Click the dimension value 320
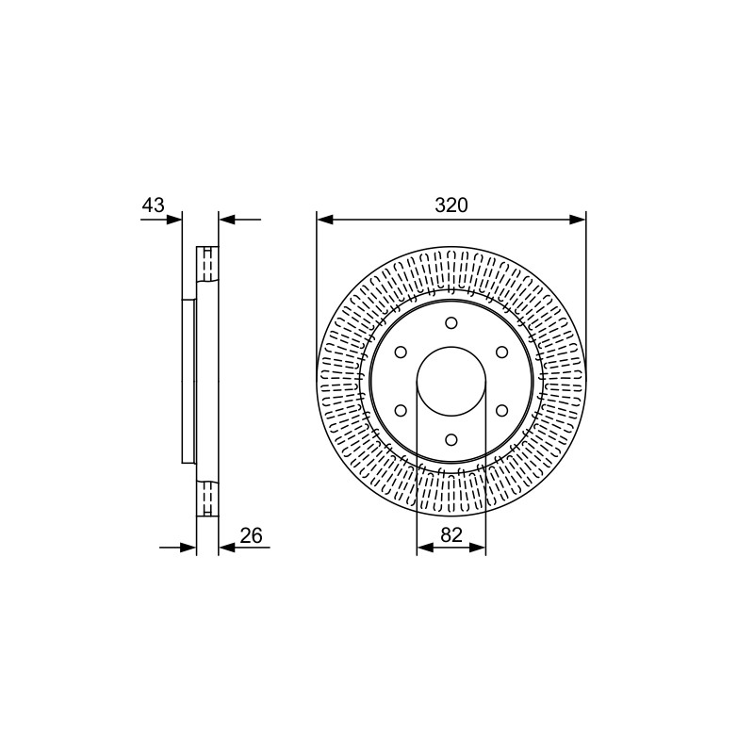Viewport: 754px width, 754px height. pos(451,205)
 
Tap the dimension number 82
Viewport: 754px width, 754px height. pos(451,534)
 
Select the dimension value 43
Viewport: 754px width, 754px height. pos(153,205)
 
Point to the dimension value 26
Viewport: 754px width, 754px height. pos(251,535)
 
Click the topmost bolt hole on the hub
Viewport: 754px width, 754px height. pos(451,322)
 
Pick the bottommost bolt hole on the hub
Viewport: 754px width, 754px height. pos(451,439)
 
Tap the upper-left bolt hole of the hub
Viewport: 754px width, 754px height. pos(401,352)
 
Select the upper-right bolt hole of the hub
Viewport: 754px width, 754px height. pos(501,352)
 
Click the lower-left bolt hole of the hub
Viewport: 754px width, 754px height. pos(401,410)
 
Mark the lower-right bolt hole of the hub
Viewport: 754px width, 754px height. pos(501,410)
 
